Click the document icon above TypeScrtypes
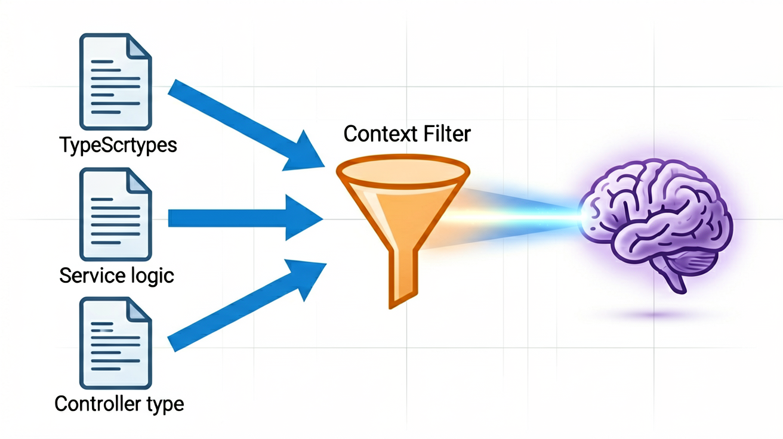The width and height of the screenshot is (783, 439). coord(116,82)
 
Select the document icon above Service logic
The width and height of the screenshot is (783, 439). coord(116,215)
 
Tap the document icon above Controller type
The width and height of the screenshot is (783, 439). coord(116,343)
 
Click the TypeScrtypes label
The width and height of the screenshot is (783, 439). coord(118,145)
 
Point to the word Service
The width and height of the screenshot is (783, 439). coord(93,275)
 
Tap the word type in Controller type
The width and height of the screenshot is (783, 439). coord(165,405)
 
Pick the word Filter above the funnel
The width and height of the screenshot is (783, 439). coord(447,134)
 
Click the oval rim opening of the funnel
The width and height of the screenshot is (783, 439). coord(403,171)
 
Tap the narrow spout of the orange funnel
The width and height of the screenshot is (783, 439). coord(403,279)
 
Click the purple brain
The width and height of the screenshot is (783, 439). coord(655,224)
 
